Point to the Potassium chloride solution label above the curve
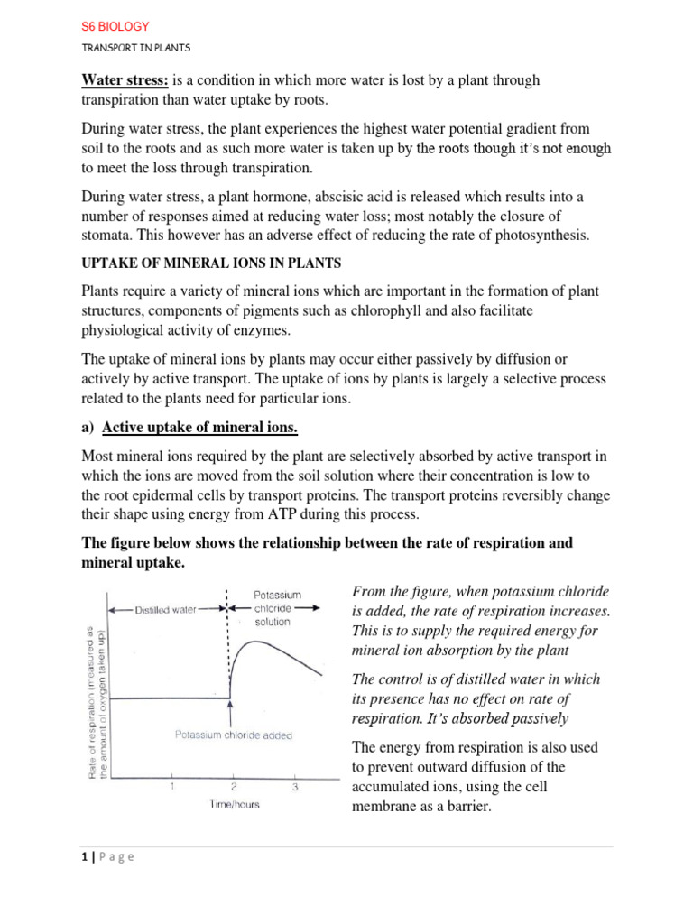pyautogui.click(x=276, y=608)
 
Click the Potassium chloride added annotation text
pyautogui.click(x=233, y=735)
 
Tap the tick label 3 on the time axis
pyautogui.click(x=294, y=786)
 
